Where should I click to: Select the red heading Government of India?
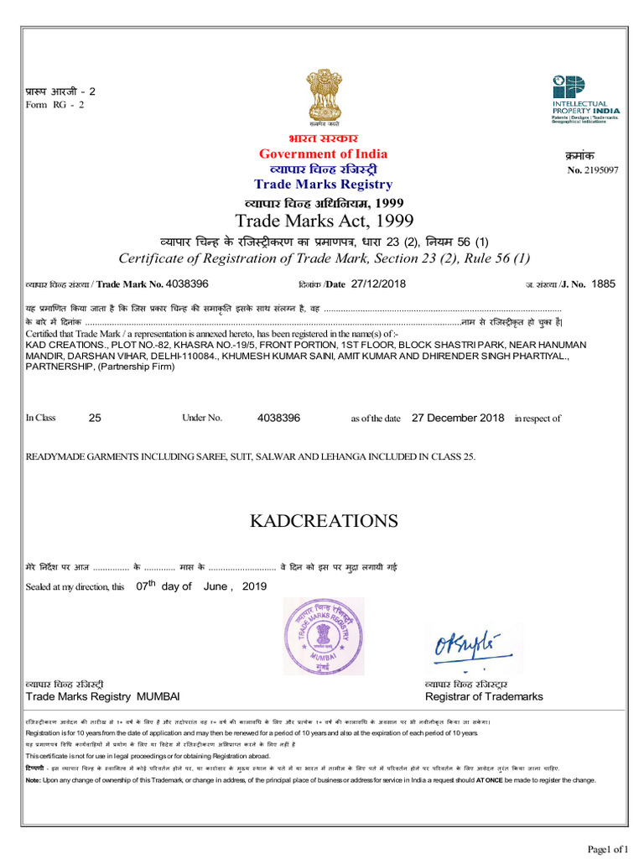click(323, 154)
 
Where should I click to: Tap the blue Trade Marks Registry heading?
click(323, 184)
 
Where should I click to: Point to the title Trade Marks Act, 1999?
click(324, 221)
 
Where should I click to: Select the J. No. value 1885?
click(603, 284)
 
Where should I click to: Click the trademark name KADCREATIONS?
click(324, 521)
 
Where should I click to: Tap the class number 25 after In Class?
click(94, 418)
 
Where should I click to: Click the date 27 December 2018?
click(458, 418)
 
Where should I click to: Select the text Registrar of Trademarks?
click(484, 697)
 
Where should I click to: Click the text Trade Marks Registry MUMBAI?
click(102, 697)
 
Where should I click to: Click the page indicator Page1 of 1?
click(608, 849)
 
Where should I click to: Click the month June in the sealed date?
click(215, 586)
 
